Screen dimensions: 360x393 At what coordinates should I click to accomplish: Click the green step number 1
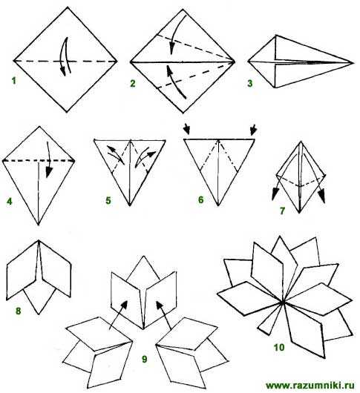tap(14, 81)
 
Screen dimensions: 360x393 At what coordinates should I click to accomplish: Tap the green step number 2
tap(133, 83)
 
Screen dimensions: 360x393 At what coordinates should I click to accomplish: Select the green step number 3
tap(250, 83)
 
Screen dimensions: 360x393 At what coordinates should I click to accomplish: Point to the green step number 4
tap(10, 201)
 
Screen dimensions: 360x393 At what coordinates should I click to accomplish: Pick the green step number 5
tap(108, 200)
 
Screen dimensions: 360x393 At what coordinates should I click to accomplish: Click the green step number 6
tap(200, 199)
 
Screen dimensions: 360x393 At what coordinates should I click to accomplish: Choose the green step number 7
tap(283, 211)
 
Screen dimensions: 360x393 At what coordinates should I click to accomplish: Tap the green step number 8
tap(18, 311)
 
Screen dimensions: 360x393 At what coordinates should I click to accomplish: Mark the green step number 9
tap(145, 359)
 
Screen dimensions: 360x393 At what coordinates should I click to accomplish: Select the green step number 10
tap(279, 348)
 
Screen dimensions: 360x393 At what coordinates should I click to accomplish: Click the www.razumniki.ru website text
tap(310, 385)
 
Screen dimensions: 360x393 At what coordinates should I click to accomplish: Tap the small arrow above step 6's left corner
tap(186, 129)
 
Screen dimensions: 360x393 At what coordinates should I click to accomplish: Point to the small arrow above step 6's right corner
tap(254, 130)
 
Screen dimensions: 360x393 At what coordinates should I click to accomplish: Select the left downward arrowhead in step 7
tap(275, 195)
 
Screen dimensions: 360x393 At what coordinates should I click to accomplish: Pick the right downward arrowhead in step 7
tap(321, 197)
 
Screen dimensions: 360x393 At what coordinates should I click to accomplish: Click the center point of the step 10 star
tap(283, 303)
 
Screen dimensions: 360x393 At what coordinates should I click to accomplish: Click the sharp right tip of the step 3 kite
tap(353, 63)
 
